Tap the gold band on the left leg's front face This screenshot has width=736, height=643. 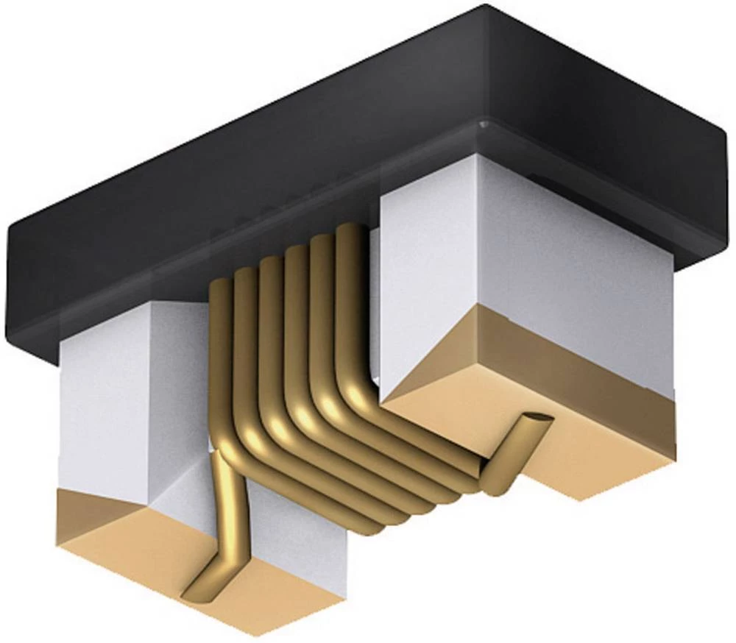96,508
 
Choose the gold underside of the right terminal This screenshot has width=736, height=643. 574,456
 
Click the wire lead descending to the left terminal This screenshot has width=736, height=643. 224,515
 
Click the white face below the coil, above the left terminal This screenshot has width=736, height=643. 294,530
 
